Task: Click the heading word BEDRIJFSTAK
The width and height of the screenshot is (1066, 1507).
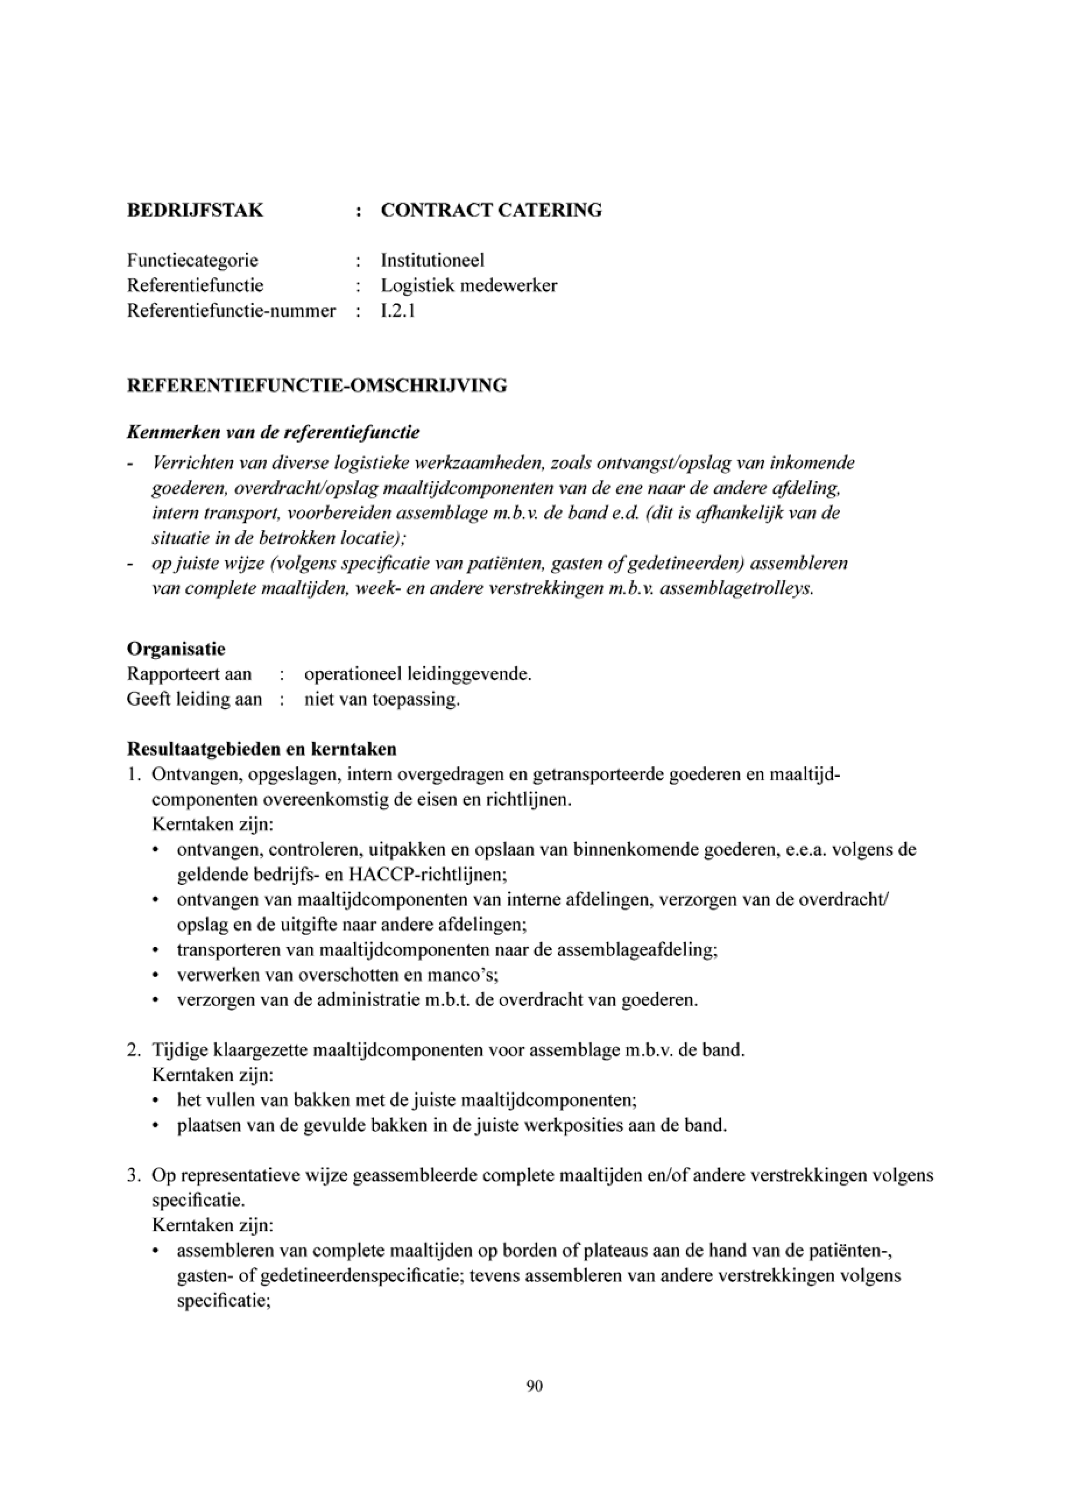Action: (x=195, y=211)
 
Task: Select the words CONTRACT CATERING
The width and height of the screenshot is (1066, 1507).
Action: (x=491, y=211)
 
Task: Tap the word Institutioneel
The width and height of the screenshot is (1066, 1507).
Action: (x=433, y=260)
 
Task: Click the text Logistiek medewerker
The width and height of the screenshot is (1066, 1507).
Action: (x=469, y=286)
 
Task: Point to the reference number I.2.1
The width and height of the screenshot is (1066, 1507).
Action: (x=398, y=311)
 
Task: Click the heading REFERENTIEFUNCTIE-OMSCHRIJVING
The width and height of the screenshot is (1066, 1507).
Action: (x=317, y=386)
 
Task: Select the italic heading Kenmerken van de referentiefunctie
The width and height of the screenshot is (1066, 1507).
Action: (x=273, y=433)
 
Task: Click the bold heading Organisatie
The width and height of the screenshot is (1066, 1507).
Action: (x=176, y=649)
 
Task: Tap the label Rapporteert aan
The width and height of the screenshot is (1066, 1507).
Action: (x=189, y=675)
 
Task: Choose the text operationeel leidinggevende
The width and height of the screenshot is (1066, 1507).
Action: (x=418, y=675)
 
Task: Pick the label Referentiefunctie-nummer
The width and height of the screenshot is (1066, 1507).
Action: (x=231, y=311)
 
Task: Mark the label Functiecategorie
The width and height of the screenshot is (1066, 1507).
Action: (x=192, y=260)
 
